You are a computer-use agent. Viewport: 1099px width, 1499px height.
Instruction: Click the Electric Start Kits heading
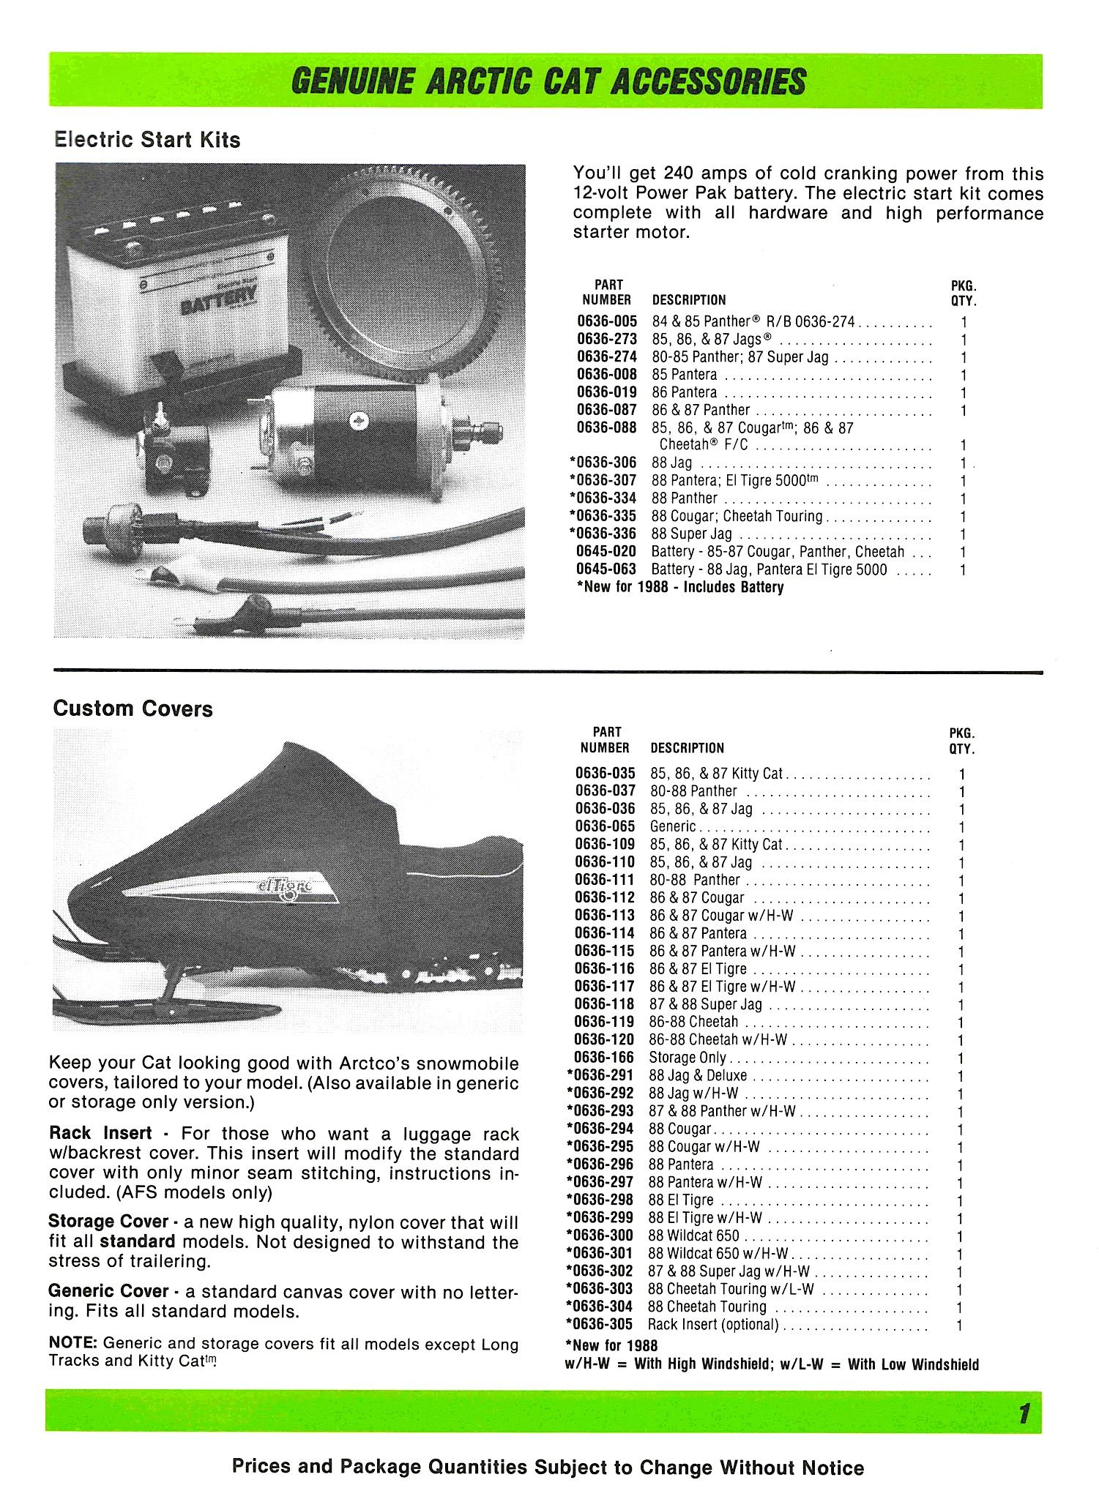[x=147, y=140]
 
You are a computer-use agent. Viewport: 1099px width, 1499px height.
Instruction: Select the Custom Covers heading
[x=133, y=709]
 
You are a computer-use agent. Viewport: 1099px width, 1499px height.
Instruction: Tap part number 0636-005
[x=607, y=322]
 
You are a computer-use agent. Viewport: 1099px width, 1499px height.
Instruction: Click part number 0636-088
[x=607, y=428]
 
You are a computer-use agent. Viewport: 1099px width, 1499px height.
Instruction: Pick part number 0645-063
[x=607, y=569]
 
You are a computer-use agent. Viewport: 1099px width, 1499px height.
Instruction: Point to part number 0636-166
[x=606, y=1058]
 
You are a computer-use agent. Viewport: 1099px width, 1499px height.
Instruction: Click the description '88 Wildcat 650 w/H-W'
[x=718, y=1254]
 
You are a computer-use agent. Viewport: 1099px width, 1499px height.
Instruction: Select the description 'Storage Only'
[x=688, y=1058]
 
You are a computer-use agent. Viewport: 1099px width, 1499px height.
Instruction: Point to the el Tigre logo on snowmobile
[x=286, y=887]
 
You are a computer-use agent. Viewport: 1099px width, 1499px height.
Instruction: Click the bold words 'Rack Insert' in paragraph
[x=100, y=1134]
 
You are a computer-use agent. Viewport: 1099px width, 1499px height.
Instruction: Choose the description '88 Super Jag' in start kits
[x=691, y=534]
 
